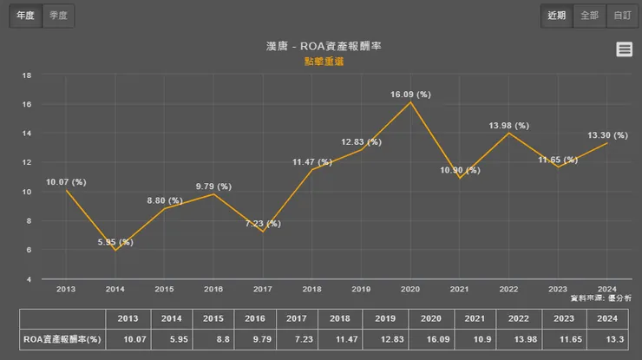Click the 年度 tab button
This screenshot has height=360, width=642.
point(26,16)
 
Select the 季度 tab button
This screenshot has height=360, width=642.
point(59,16)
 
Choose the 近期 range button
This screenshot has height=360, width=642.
point(557,16)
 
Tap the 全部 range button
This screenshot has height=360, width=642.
point(590,16)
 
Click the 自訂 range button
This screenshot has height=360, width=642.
point(622,16)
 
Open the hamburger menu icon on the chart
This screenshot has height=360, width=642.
point(624,49)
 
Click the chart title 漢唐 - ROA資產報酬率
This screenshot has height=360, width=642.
point(322,46)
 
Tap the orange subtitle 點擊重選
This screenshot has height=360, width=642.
point(322,62)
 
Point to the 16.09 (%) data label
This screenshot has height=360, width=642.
point(410,93)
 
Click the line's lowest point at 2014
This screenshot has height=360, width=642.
point(115,250)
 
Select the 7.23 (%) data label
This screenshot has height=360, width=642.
point(263,224)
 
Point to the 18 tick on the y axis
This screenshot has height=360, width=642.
point(27,75)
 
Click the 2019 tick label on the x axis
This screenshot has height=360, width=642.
point(361,289)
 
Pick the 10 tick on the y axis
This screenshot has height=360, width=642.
point(27,192)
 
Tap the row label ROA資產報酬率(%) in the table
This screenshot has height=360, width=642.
point(62,340)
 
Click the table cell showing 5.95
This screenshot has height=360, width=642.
point(171,340)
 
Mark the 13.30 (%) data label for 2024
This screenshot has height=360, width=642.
point(607,135)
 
